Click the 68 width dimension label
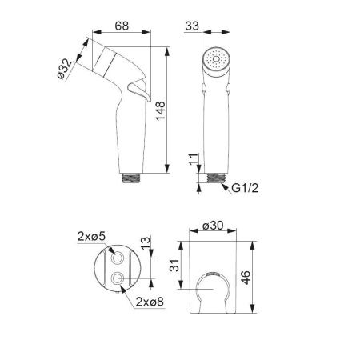coord(122,26)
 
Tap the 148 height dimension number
coord(161,111)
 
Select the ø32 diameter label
coord(65,69)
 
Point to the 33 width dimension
coord(192,26)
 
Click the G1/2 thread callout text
coord(245,188)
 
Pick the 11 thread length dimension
coord(194,159)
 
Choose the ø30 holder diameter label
coord(213,226)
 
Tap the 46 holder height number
coord(246,278)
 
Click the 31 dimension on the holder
coord(174,266)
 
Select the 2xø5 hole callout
coord(91,236)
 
